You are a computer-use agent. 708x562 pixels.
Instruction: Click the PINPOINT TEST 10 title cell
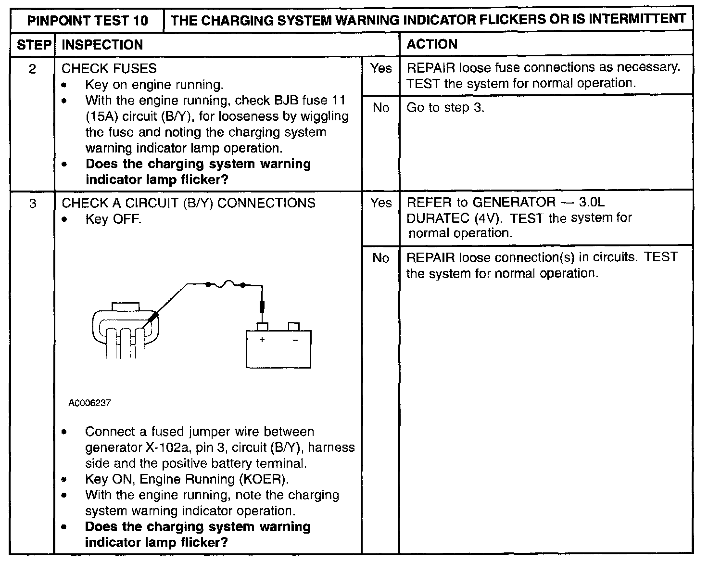click(x=87, y=20)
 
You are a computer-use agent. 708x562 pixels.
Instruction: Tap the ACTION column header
click(x=432, y=44)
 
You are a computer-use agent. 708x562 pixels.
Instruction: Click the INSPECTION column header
click(x=102, y=45)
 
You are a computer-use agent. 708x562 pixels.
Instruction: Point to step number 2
click(x=32, y=69)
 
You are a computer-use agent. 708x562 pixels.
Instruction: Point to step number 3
click(x=33, y=204)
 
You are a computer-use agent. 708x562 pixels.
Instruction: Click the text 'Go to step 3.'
click(x=445, y=108)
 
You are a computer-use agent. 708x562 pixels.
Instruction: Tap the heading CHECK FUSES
click(x=109, y=68)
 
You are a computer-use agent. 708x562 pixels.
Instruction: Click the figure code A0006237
click(x=89, y=403)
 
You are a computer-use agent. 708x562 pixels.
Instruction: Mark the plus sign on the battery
click(x=262, y=339)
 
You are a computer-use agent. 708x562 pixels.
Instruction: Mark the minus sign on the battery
click(x=295, y=340)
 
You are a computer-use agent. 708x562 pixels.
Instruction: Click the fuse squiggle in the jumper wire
click(x=226, y=283)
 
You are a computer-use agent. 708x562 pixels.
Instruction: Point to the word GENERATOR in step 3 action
click(x=514, y=202)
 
